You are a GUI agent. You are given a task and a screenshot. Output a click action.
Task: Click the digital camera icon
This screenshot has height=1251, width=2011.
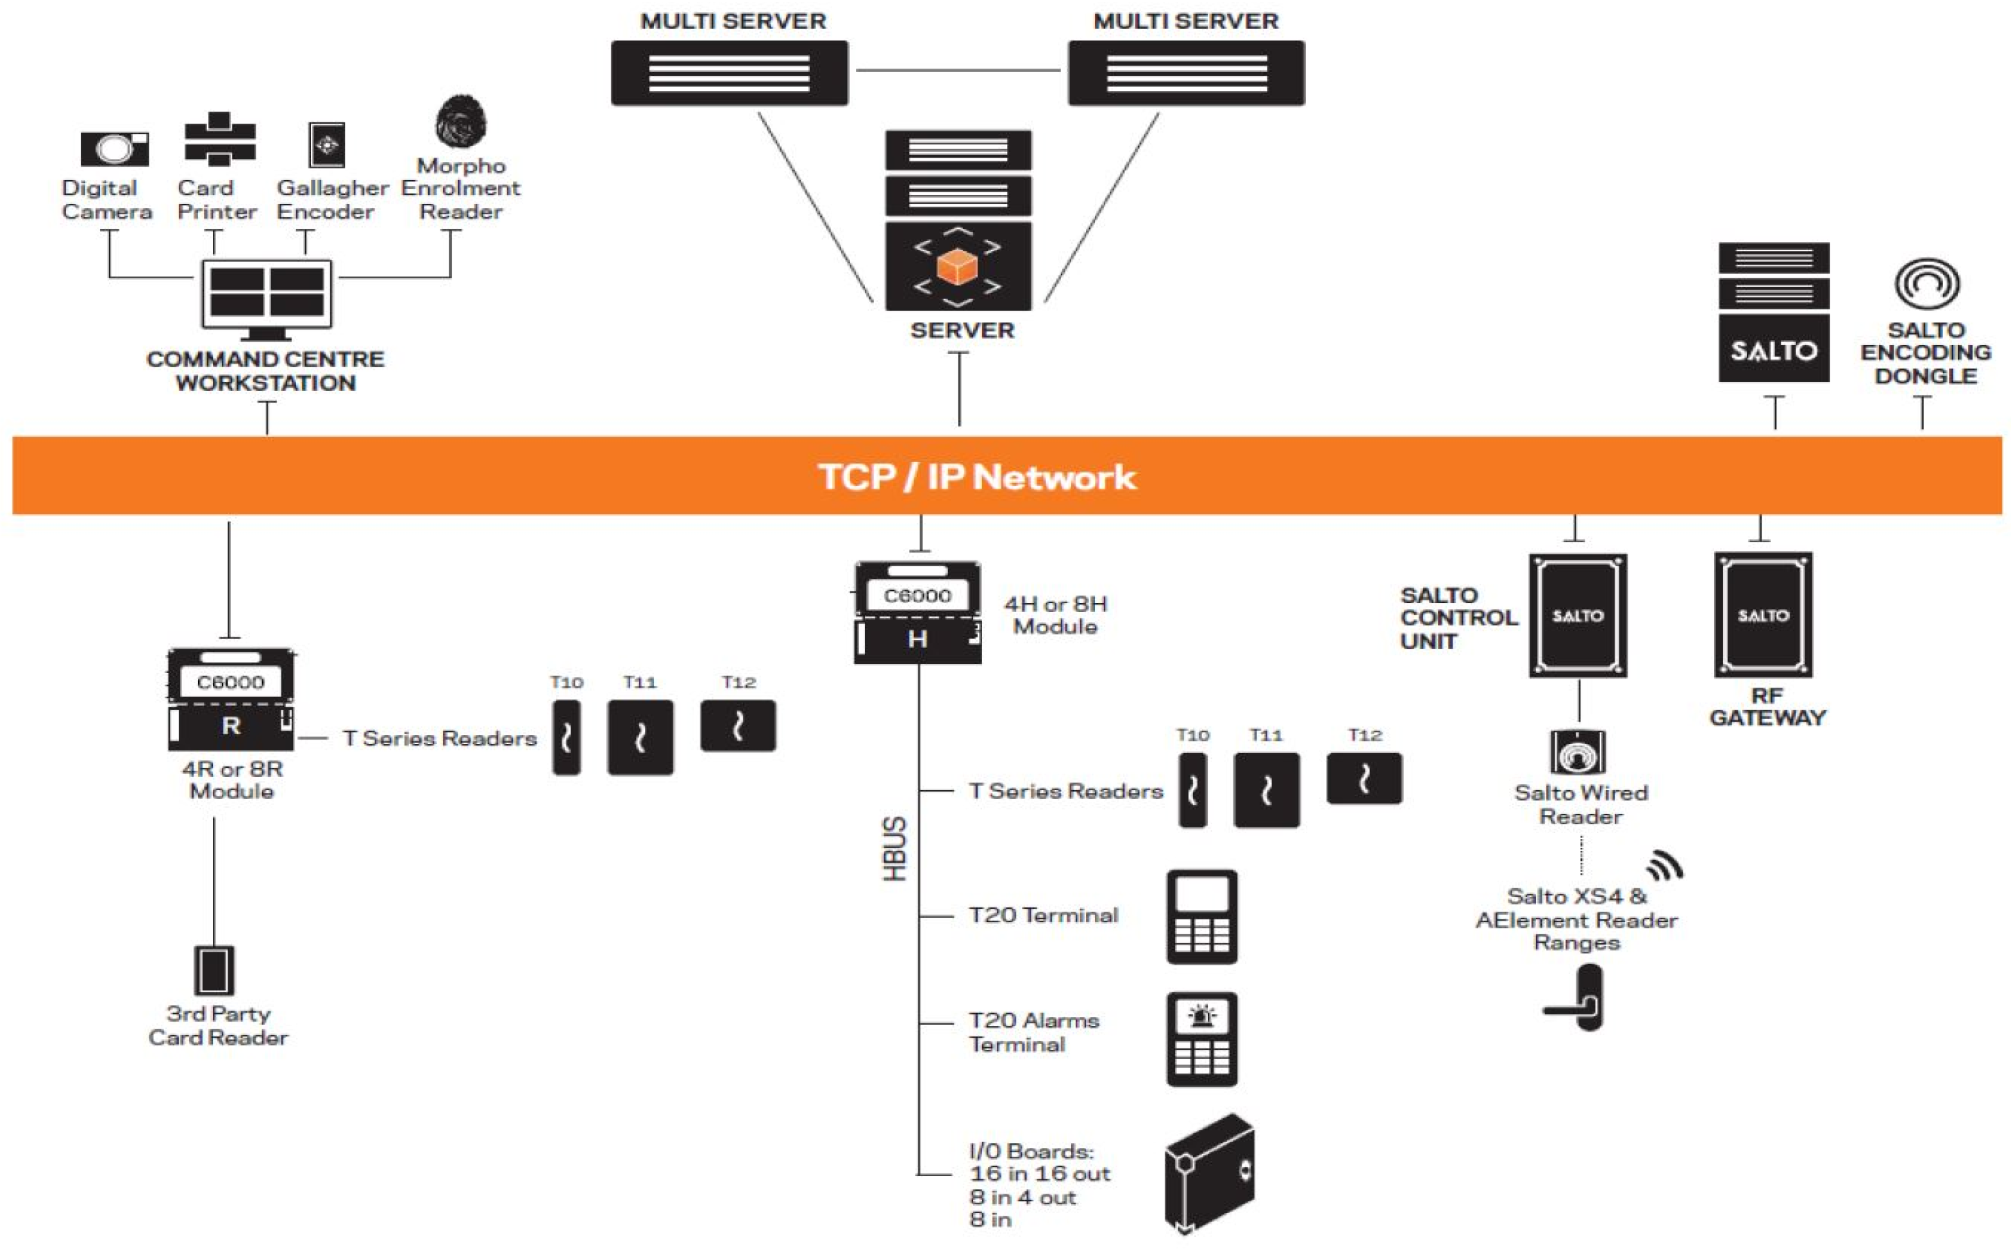click(x=114, y=149)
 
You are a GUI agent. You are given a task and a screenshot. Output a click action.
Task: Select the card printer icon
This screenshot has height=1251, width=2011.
click(x=219, y=138)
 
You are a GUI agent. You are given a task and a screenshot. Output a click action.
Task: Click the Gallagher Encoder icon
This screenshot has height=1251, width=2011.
click(x=326, y=145)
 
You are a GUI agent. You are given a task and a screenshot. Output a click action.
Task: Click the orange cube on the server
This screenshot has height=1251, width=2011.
click(x=958, y=267)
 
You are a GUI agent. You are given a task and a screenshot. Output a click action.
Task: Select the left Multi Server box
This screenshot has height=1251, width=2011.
click(x=729, y=73)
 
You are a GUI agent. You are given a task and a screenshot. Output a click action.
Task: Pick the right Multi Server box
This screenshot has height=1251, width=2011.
click(x=1186, y=73)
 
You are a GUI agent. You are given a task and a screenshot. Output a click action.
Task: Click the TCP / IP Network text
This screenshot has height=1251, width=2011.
click(x=976, y=477)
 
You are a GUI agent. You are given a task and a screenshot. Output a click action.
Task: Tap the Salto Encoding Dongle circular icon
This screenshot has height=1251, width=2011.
click(x=1926, y=283)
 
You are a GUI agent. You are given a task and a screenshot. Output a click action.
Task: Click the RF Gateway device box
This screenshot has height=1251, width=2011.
click(x=1763, y=615)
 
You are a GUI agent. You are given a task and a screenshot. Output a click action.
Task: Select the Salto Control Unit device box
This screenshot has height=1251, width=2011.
click(x=1578, y=616)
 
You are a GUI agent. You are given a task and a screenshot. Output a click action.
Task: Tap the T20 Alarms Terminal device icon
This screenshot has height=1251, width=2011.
click(x=1201, y=1040)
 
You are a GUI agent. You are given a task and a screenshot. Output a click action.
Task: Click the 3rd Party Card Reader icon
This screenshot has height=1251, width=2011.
click(x=213, y=970)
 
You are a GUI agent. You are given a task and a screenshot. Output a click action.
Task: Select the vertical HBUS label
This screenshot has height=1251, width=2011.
click(x=895, y=849)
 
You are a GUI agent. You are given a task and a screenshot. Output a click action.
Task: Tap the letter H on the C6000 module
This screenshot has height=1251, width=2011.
click(x=917, y=639)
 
